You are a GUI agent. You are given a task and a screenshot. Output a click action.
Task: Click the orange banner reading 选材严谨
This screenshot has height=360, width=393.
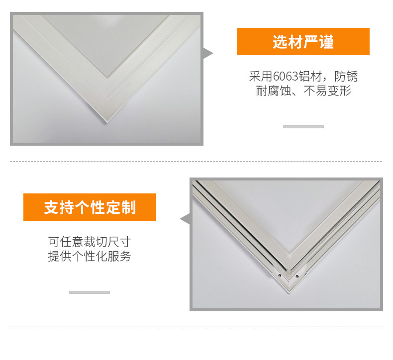click(303, 41)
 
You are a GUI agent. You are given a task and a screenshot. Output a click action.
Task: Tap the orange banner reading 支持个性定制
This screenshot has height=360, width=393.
click(90, 207)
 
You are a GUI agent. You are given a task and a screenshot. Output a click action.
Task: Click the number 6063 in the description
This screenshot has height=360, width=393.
click(286, 76)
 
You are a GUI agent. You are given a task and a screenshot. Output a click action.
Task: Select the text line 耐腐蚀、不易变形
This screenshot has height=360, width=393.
click(303, 90)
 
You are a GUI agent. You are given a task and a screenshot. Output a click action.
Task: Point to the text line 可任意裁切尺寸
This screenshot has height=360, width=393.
click(90, 242)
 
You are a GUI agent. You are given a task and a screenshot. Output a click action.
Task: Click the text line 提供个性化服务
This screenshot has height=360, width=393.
click(90, 256)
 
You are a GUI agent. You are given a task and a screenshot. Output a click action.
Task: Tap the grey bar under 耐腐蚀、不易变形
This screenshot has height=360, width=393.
click(303, 127)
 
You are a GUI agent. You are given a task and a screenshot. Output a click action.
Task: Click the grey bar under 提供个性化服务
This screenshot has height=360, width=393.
click(90, 292)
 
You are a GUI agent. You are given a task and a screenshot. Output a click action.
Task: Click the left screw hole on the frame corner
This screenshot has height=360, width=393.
click(280, 276)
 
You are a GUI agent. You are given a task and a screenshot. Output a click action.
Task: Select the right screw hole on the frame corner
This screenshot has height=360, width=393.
click(297, 276)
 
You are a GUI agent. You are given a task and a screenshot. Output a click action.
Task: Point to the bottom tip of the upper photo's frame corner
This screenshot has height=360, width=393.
click(107, 122)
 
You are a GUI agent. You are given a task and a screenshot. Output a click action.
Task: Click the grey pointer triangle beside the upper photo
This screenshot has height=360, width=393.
click(207, 53)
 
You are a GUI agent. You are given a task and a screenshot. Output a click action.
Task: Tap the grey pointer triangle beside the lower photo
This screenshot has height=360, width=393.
click(185, 219)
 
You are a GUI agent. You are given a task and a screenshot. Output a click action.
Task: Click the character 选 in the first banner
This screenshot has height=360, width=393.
click(280, 42)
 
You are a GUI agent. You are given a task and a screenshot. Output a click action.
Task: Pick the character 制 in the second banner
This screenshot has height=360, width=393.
click(128, 207)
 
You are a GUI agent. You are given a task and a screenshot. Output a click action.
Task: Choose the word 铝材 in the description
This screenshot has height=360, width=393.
click(310, 76)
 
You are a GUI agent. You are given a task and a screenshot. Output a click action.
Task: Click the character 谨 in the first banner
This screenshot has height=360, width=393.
click(326, 42)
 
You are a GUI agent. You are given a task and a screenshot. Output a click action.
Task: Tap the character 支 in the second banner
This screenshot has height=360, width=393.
click(51, 207)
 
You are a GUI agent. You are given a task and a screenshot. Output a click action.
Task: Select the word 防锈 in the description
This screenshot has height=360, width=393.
click(346, 76)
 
